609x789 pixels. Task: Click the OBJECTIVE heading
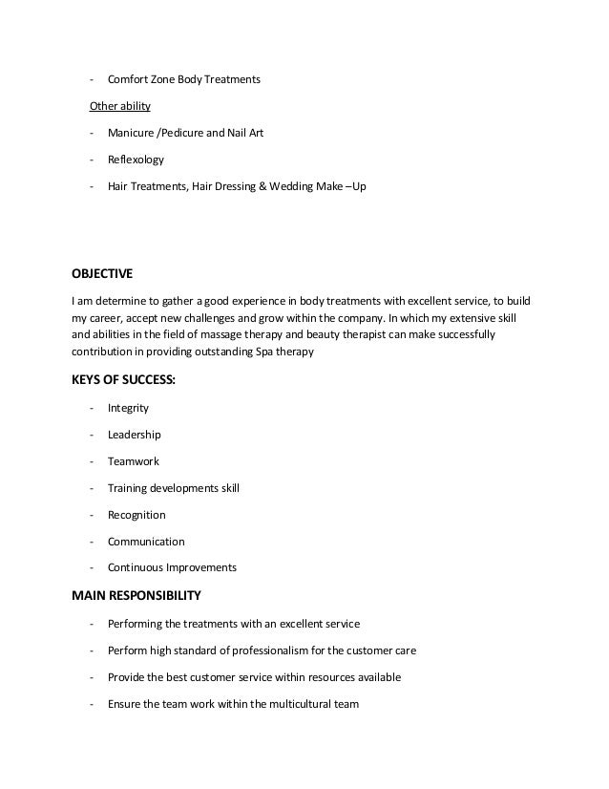click(x=102, y=271)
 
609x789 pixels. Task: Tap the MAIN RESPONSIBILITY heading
click(x=136, y=596)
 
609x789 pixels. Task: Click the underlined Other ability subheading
click(x=119, y=106)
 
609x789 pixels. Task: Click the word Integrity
click(x=128, y=408)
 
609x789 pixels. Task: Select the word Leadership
click(x=135, y=435)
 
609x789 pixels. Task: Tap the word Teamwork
click(x=134, y=461)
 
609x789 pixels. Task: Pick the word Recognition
click(x=137, y=514)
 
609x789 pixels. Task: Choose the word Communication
click(x=146, y=541)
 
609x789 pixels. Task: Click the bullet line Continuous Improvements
click(x=172, y=567)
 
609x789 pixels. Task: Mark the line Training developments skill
click(x=173, y=488)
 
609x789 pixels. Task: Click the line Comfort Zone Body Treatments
click(x=183, y=79)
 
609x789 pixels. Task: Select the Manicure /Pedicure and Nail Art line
click(x=185, y=133)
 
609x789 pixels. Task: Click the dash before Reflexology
click(x=91, y=160)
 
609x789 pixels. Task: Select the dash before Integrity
click(x=91, y=408)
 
